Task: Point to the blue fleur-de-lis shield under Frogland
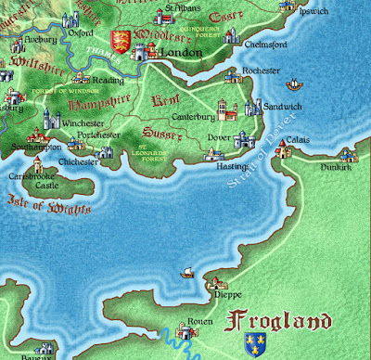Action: pos(252,346)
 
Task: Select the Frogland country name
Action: pos(278,323)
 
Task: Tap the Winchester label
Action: pos(83,122)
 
